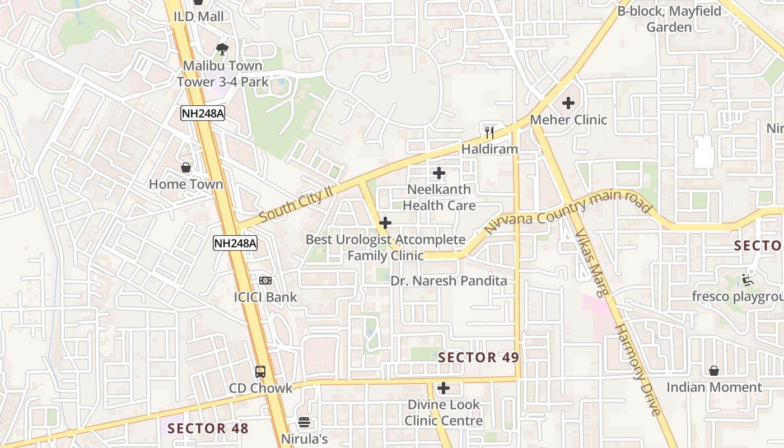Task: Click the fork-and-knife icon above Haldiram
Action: point(489,133)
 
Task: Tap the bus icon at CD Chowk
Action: point(260,371)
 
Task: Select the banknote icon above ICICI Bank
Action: point(265,280)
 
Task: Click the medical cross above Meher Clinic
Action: point(568,103)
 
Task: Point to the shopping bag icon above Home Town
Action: point(186,167)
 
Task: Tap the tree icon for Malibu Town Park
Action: point(222,49)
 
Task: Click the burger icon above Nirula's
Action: point(304,422)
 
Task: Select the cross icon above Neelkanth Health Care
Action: point(439,173)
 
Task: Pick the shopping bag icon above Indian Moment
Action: point(714,371)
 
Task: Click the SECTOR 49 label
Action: point(478,357)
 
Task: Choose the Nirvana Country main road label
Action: point(568,212)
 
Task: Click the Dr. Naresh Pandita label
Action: point(449,281)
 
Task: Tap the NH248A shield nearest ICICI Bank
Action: point(235,243)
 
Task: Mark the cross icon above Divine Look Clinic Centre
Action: point(444,388)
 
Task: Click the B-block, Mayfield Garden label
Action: point(669,19)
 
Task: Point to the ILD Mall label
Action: point(198,17)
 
